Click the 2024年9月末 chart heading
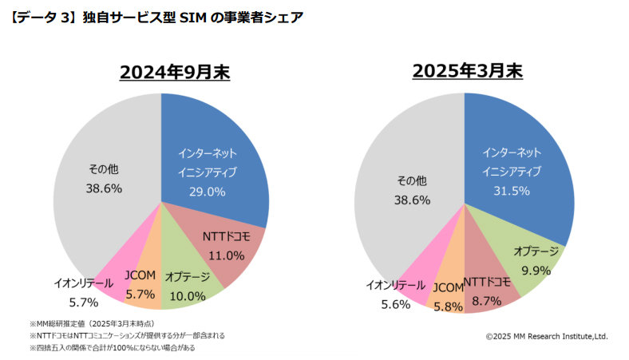[174, 73]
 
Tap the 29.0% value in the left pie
[206, 192]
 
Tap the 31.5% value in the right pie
[512, 192]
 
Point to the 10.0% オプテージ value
[188, 295]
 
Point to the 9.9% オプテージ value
[536, 270]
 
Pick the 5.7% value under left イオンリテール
[83, 302]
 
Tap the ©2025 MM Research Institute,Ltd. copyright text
[547, 337]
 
